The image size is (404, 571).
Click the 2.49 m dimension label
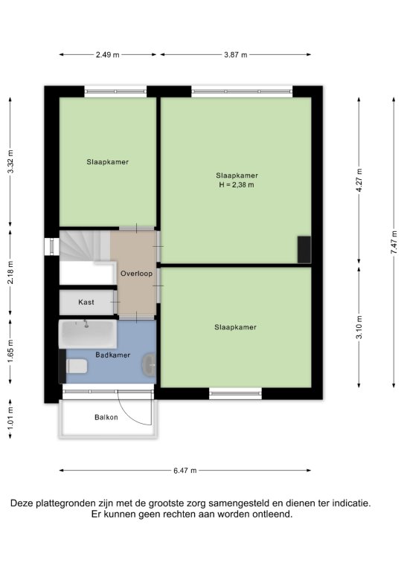pos(107,55)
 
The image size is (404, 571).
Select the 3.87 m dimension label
pos(236,55)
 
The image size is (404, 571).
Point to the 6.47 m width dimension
pos(185,471)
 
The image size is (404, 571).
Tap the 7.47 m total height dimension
pos(394,242)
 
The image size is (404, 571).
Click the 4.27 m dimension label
pos(359,181)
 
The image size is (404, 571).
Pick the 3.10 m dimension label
pos(359,327)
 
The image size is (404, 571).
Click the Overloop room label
pos(137,274)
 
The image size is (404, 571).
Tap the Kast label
pos(86,302)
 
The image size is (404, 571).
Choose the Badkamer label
pos(113,355)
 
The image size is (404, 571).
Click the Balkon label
pos(106,417)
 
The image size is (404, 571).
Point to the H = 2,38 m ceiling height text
pos(237,185)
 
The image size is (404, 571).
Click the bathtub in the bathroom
pos(88,334)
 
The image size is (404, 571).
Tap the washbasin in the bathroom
pos(149,364)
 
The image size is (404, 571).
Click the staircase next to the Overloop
pos(85,246)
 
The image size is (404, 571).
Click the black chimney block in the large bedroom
pos(304,250)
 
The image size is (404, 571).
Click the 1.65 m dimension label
pos(10,351)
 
